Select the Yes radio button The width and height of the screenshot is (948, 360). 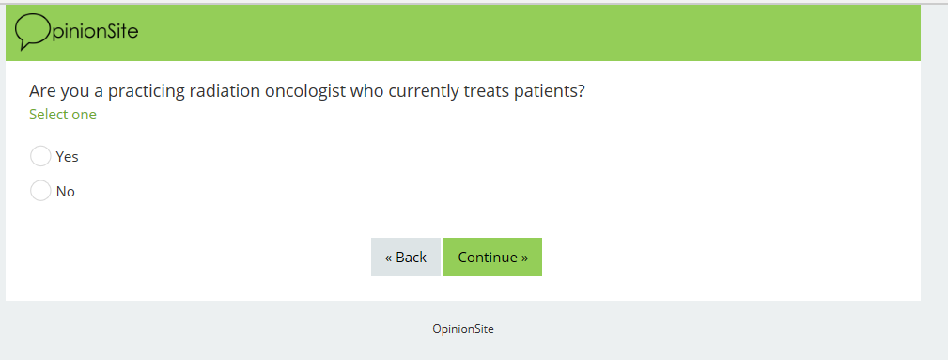40,156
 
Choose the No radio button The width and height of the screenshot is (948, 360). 40,191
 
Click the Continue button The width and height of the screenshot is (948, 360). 492,258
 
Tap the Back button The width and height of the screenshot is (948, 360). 406,258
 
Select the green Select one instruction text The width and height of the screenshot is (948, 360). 63,115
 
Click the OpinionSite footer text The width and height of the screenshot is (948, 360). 463,329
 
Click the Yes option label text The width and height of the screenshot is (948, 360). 67,157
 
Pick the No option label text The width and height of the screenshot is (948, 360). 65,191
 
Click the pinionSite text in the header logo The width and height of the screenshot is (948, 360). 95,31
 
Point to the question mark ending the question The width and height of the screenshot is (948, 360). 582,91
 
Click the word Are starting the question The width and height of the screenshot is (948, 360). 39,91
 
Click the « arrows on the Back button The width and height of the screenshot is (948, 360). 389,258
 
